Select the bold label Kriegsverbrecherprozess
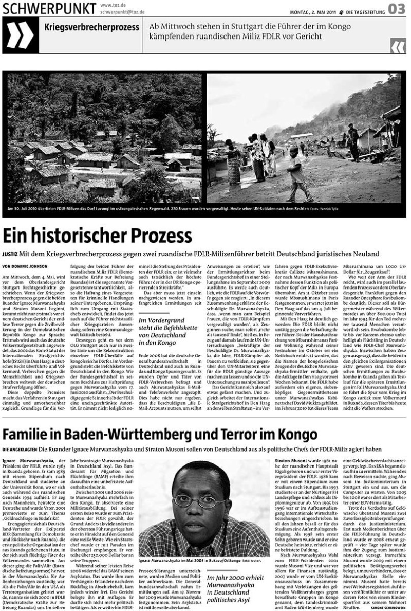tap(91, 27)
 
